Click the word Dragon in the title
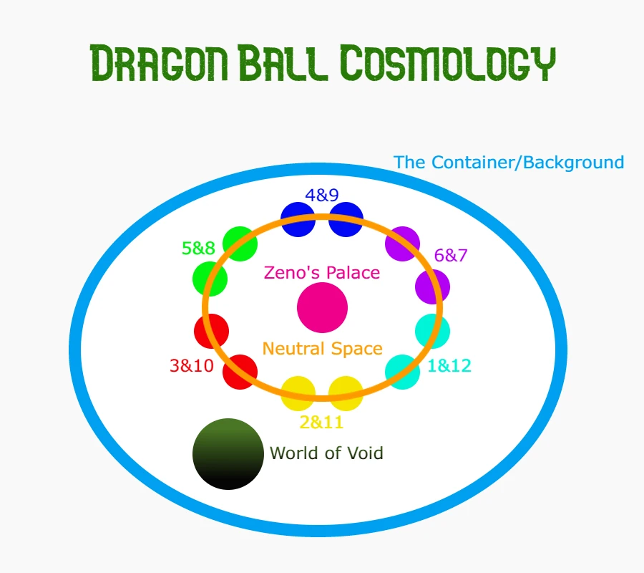pos(159,62)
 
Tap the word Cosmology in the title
pos(448,62)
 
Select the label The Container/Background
pos(509,163)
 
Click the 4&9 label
pos(321,196)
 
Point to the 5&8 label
pos(198,248)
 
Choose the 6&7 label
pos(451,255)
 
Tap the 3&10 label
pos(192,365)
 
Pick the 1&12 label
pos(449,365)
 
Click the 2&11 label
pos(321,422)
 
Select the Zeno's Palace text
pos(322,272)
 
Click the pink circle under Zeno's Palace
pos(323,307)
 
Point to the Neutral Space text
pos(323,349)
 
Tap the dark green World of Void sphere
pos(228,454)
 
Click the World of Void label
pos(326,453)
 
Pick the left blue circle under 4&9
pos(298,219)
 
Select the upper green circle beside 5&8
pos(240,244)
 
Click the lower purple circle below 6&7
pos(432,286)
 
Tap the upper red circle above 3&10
pos(211,331)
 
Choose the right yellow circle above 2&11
pos(346,393)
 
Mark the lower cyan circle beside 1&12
pos(402,372)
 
